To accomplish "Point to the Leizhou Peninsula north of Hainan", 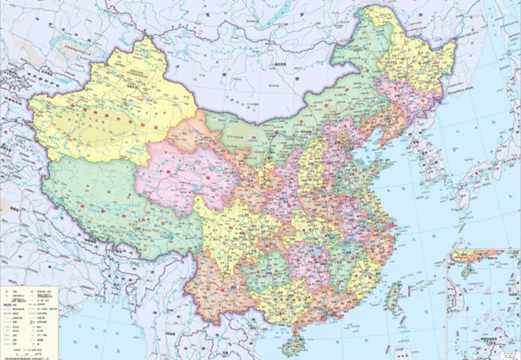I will [x=295, y=324].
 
